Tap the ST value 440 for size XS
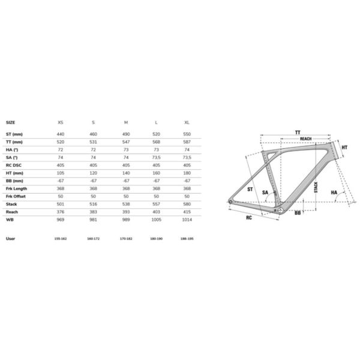60,133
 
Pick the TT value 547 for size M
125,142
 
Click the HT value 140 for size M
125,173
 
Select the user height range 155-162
60,238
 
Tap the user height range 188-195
188,238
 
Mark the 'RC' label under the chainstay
248,218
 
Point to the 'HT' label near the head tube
344,147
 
